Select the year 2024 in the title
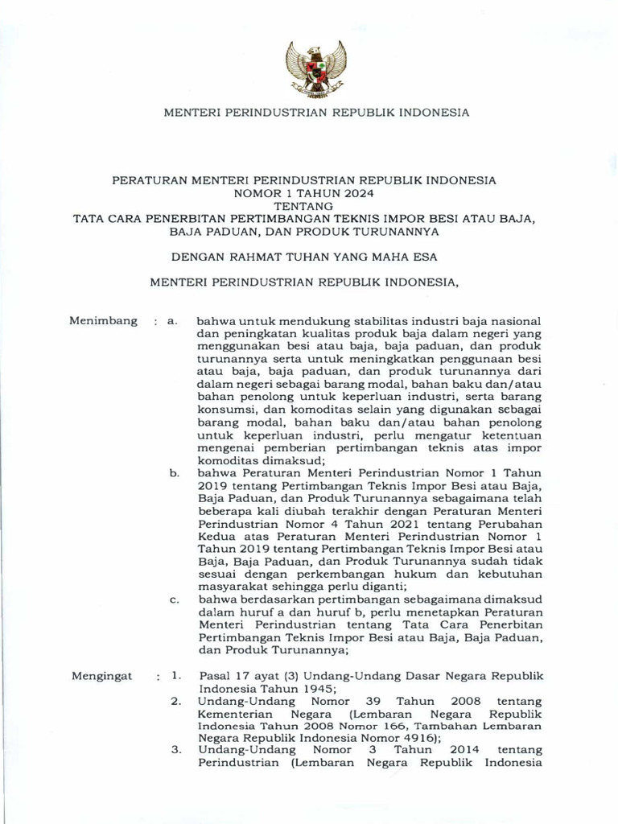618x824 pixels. point(359,193)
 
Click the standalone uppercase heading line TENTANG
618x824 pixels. point(308,206)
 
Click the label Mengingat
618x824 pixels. point(101,676)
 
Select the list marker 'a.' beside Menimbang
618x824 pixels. point(171,321)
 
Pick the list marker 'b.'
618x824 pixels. point(174,473)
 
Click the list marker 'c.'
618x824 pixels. point(174,599)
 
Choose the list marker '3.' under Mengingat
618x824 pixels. point(175,750)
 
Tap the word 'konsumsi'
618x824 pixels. point(223,410)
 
